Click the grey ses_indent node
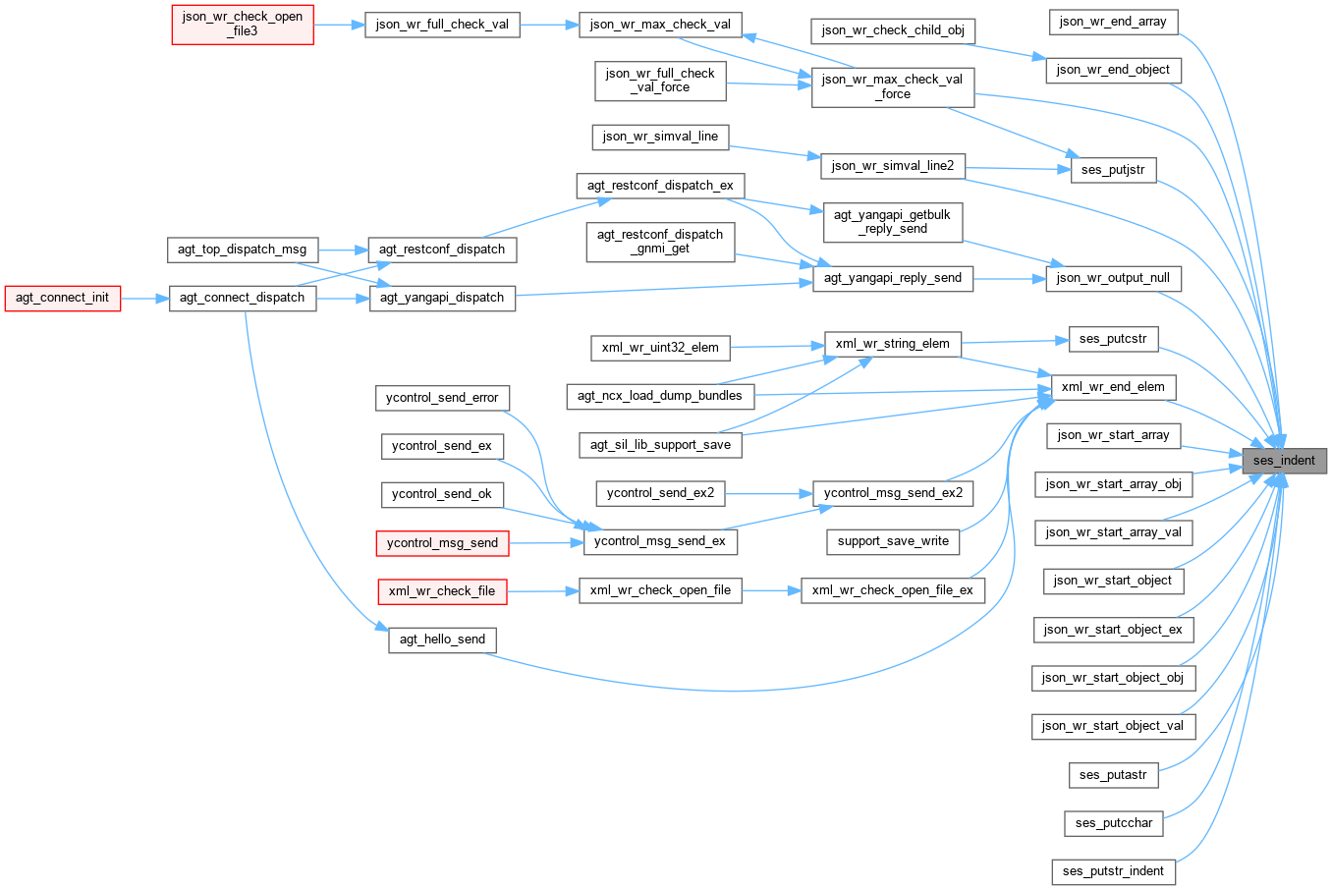click(1283, 460)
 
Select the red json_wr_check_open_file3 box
click(243, 24)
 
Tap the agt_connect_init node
click(62, 298)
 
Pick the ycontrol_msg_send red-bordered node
click(442, 542)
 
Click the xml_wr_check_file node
click(442, 590)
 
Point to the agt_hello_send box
click(442, 640)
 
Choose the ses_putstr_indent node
click(1113, 871)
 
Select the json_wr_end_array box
click(1113, 22)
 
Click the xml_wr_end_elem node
click(1113, 387)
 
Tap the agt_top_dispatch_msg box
click(242, 250)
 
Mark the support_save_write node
click(893, 541)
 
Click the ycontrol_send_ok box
click(442, 494)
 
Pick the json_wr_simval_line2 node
click(892, 166)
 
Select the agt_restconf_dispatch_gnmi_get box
click(660, 242)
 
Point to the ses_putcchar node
click(1114, 823)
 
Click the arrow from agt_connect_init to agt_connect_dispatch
click(144, 298)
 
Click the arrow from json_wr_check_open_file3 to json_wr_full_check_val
click(339, 25)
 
